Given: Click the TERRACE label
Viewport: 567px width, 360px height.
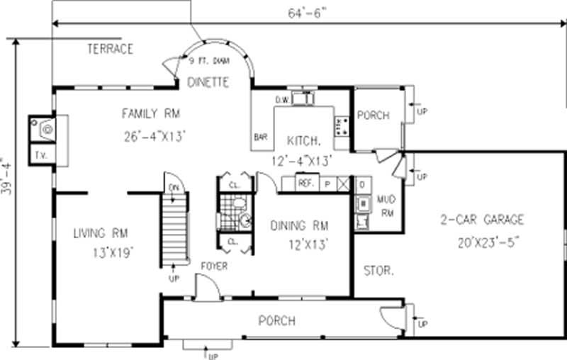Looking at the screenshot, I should [x=110, y=49].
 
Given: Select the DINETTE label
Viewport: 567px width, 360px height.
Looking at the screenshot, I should [x=208, y=82].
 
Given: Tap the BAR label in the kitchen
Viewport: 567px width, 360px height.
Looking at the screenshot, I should [x=260, y=137].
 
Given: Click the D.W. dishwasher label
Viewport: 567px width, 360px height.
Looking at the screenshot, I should [x=281, y=99].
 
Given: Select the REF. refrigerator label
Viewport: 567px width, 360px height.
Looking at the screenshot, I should [x=305, y=183].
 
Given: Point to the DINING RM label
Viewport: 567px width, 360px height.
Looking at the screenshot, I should [x=300, y=226].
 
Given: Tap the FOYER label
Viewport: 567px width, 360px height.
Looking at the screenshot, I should [x=213, y=267].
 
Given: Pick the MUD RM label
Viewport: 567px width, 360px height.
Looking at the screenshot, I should [x=387, y=206].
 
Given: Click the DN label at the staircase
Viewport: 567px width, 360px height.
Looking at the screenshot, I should [x=174, y=187].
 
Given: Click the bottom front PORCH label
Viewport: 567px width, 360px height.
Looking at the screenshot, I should [x=276, y=320].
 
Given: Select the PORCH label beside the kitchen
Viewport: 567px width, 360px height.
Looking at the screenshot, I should [x=373, y=116].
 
